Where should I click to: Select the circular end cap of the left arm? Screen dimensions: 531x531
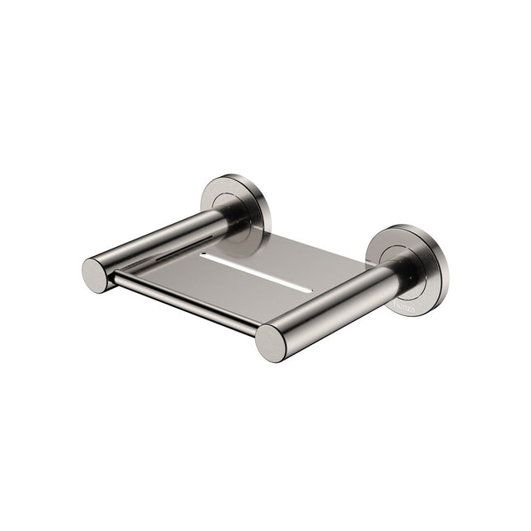pyautogui.click(x=95, y=275)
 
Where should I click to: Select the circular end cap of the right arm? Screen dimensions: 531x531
pyautogui.click(x=271, y=342)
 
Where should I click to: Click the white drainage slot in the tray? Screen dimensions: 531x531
pyautogui.click(x=255, y=272)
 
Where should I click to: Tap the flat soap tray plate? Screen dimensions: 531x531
pyautogui.click(x=272, y=263)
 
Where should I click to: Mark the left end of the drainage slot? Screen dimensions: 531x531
pyautogui.click(x=203, y=256)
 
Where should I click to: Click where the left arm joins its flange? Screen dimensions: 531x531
pyautogui.click(x=231, y=216)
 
